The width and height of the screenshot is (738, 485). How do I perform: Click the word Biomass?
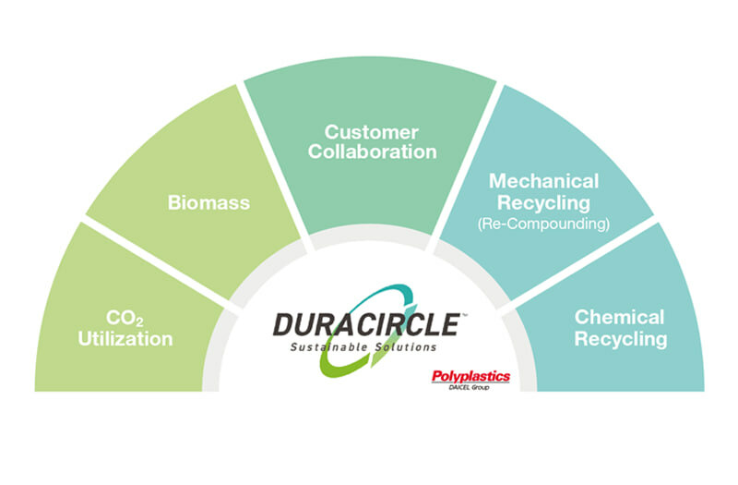pyautogui.click(x=208, y=202)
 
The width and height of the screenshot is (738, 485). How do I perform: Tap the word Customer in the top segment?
pyautogui.click(x=372, y=132)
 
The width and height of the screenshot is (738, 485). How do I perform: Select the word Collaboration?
pyautogui.click(x=373, y=152)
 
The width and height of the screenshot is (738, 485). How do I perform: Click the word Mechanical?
pyautogui.click(x=543, y=181)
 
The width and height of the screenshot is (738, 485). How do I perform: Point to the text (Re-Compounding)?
pyautogui.click(x=543, y=224)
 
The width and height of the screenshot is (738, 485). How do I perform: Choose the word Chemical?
pyautogui.click(x=619, y=317)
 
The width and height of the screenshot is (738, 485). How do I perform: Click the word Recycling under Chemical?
pyautogui.click(x=621, y=339)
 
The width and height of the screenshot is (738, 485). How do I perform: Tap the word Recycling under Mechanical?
pyautogui.click(x=543, y=203)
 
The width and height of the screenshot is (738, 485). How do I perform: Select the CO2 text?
pyautogui.click(x=125, y=318)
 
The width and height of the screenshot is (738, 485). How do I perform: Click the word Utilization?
pyautogui.click(x=125, y=339)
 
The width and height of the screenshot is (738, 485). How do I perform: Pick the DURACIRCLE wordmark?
pyautogui.click(x=367, y=324)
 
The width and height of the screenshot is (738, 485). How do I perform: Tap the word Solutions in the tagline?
pyautogui.click(x=406, y=347)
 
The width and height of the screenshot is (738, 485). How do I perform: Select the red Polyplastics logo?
pyautogui.click(x=470, y=376)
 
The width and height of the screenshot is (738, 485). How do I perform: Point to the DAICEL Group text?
pyautogui.click(x=469, y=387)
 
